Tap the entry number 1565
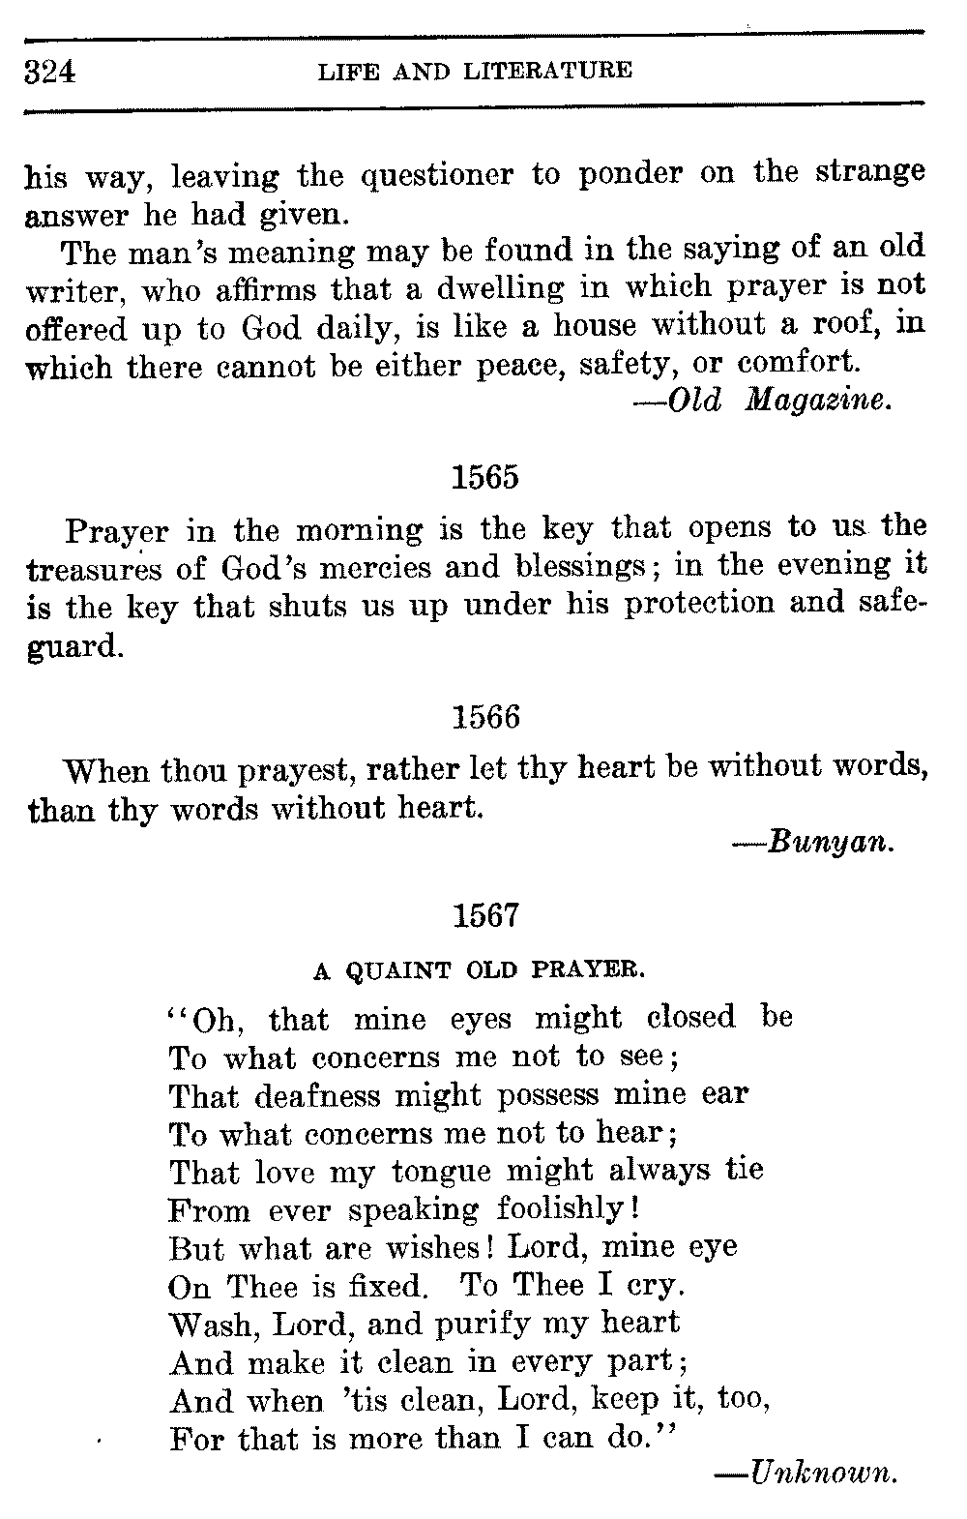pos(485,478)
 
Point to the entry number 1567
pos(485,915)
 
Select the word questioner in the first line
pos(436,177)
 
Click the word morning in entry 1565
pos(359,530)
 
